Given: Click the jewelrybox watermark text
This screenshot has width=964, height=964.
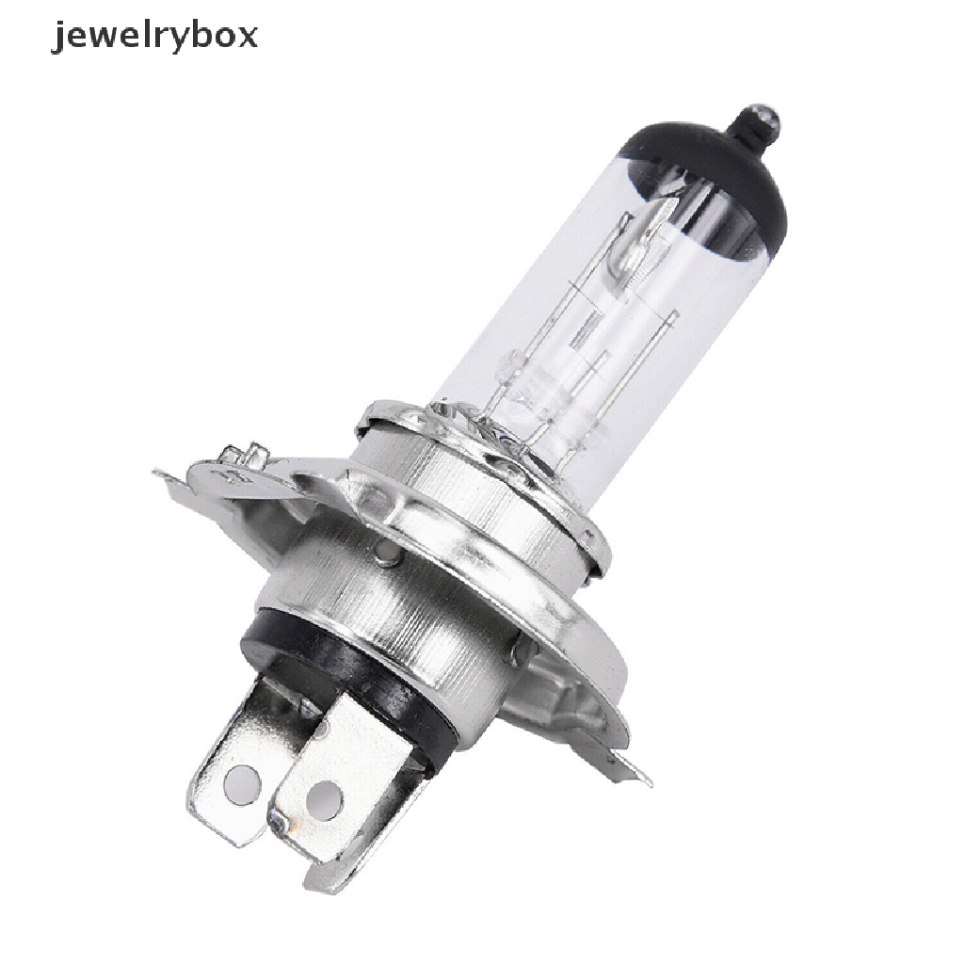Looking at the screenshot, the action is (x=154, y=38).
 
